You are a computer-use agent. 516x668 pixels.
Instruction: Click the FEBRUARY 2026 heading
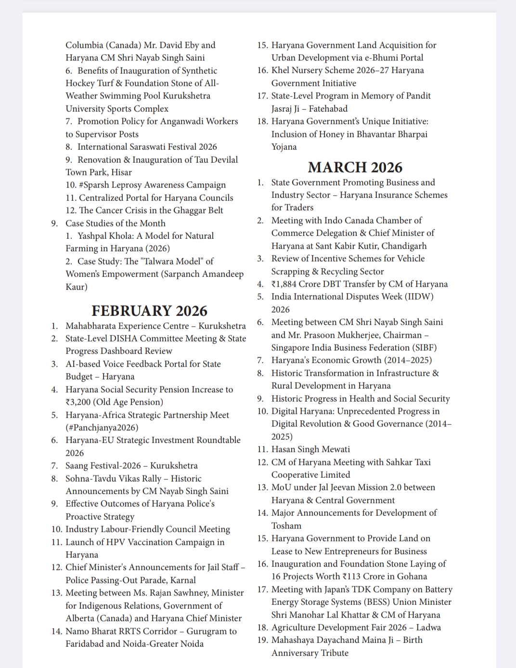[x=149, y=311]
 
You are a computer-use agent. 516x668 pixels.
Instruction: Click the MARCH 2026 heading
[x=355, y=167]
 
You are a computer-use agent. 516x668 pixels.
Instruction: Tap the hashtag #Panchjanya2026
[x=102, y=428]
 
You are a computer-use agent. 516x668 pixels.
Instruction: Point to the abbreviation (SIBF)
[x=422, y=348]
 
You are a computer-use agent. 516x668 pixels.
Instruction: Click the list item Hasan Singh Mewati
[x=310, y=449]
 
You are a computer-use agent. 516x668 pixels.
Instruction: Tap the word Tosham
[x=286, y=526]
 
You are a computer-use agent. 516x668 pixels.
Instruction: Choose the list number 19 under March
[x=262, y=641]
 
